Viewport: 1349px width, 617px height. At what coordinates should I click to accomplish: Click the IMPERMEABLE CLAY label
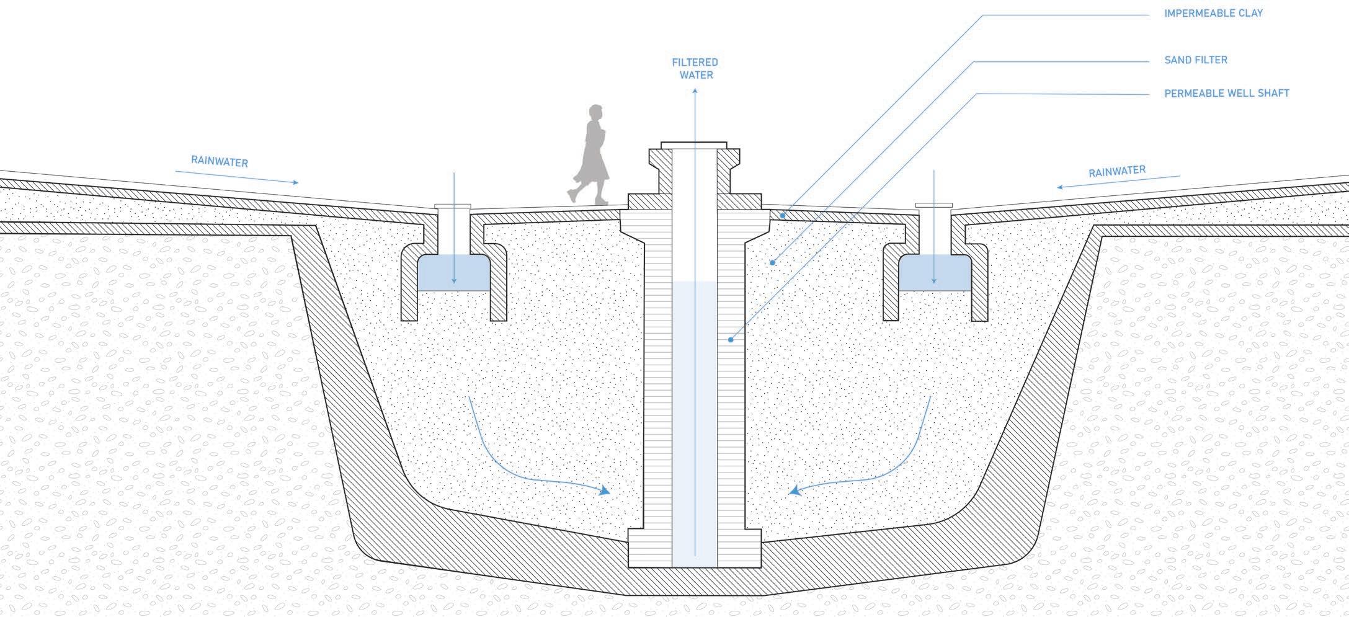pos(1213,13)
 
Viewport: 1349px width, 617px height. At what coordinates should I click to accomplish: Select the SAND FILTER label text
pos(1196,60)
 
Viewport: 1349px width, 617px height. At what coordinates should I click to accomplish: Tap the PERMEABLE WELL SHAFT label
pos(1226,94)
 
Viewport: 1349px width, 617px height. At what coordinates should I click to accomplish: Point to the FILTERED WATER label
pos(696,69)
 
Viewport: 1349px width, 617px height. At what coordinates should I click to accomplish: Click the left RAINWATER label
pos(220,162)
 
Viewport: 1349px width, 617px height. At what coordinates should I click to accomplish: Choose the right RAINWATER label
pos(1117,171)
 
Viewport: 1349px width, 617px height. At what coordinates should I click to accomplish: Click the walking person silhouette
pos(592,158)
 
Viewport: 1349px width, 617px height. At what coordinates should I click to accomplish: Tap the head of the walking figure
pos(595,113)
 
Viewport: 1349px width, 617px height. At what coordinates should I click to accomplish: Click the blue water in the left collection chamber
pos(453,275)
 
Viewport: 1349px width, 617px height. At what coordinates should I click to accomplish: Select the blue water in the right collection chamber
pos(934,275)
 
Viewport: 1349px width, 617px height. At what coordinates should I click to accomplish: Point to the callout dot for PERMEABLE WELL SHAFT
pos(731,340)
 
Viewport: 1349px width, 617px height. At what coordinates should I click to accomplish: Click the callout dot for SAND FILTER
pos(772,263)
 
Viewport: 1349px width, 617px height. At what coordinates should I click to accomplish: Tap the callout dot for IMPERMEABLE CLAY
pos(783,216)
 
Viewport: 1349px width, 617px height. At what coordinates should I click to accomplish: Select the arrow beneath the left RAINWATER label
pos(237,177)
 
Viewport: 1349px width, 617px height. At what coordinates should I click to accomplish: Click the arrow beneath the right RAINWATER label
pos(1118,182)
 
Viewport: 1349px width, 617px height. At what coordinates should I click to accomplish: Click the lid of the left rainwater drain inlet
pos(453,206)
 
